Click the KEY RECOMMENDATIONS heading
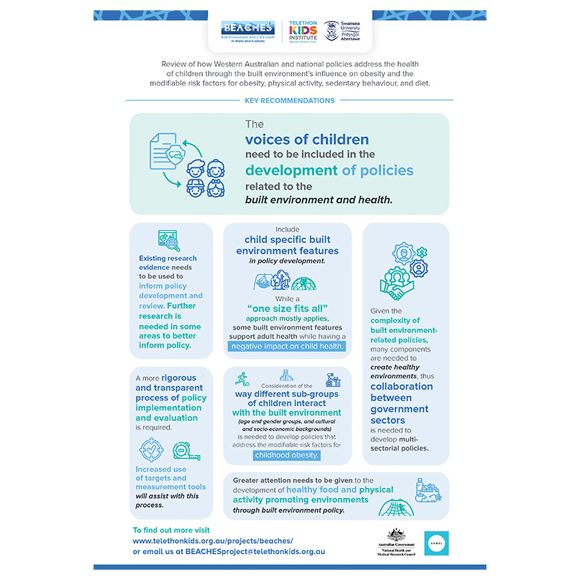click(290, 101)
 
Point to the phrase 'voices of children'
click(307, 139)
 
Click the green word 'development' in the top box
click(291, 171)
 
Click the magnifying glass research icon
click(169, 239)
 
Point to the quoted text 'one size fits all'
click(287, 307)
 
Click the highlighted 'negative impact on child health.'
click(287, 347)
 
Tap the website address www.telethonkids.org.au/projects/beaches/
click(212, 541)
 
